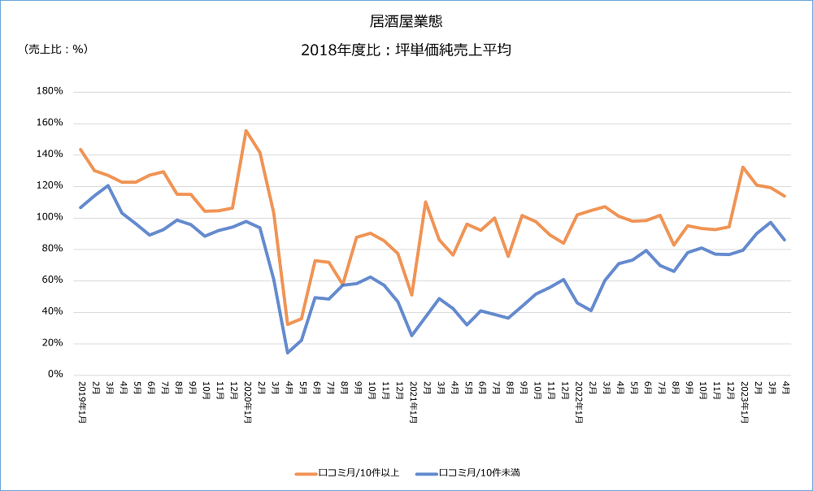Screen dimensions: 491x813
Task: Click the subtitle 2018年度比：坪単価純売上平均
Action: (406, 50)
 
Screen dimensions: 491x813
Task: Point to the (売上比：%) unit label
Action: (55, 49)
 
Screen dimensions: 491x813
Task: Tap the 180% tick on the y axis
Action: (50, 91)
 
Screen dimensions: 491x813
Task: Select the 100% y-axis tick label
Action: (50, 217)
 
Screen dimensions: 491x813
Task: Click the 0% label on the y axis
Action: (55, 375)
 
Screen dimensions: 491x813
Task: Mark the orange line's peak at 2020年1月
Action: (246, 130)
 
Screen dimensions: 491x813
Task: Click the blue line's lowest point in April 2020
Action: (288, 352)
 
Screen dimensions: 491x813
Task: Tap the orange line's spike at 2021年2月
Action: (426, 202)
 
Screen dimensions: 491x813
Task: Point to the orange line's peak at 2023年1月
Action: (743, 167)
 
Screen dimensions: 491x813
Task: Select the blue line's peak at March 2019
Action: (108, 185)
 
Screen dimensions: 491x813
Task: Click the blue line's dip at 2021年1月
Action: (412, 335)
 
